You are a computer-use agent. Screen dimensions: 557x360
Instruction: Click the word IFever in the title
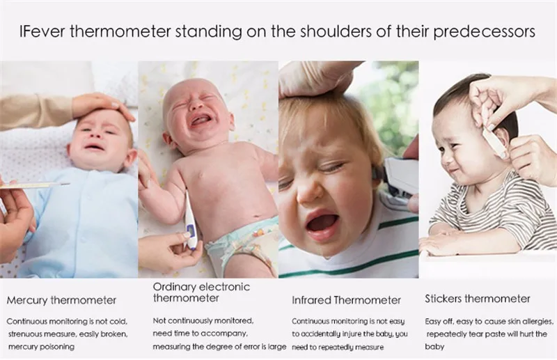point(42,31)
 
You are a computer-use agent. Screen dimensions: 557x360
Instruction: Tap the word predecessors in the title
point(484,32)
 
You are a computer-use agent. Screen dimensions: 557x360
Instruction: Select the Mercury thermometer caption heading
point(61,300)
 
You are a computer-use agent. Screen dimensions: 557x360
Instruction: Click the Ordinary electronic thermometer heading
point(201,292)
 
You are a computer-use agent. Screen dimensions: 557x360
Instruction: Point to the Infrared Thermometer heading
point(346,300)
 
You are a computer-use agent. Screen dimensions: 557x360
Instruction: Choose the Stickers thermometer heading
point(478,299)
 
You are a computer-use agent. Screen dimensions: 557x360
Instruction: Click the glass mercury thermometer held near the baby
point(35,185)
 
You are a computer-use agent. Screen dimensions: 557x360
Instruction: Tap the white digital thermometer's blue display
point(191,231)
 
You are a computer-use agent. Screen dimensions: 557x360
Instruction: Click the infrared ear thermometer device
point(402,180)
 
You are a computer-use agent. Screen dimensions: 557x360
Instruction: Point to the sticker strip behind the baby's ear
point(495,141)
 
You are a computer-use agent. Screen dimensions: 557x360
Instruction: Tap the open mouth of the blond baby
point(322,226)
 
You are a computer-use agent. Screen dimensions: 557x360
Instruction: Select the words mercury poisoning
point(41,347)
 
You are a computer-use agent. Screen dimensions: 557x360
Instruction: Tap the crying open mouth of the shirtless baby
point(202,122)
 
